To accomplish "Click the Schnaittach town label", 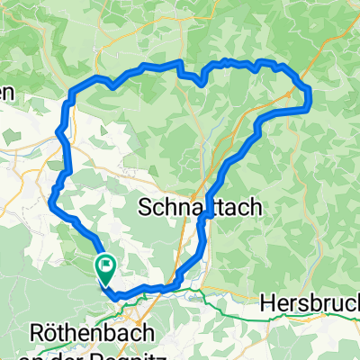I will (201, 207).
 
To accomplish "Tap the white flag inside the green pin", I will (105, 264).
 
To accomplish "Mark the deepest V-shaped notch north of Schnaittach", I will (201, 83).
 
